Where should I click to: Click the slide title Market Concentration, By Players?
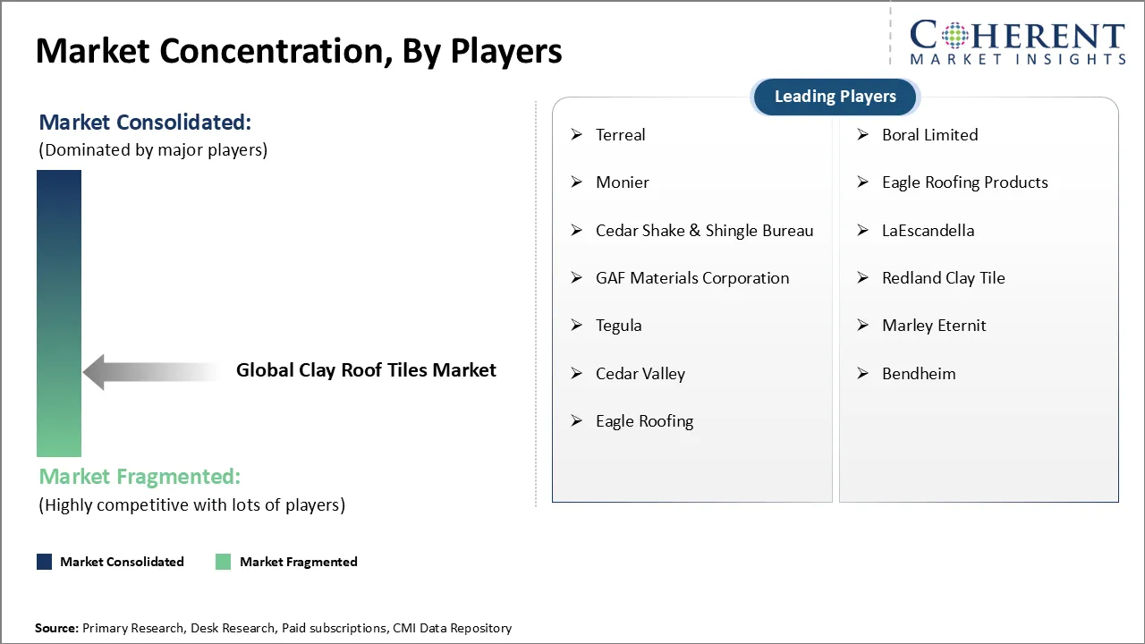tap(299, 51)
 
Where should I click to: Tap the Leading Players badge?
tap(835, 97)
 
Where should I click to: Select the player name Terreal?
tap(620, 135)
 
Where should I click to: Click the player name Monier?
tap(622, 182)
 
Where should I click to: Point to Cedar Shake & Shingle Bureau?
tap(704, 231)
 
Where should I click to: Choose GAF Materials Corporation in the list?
tap(691, 278)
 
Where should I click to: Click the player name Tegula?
tap(618, 326)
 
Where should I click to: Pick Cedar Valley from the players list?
tap(640, 374)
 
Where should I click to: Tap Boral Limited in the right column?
tap(929, 135)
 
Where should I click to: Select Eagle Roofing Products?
tap(964, 182)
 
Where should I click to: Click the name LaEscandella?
tap(928, 231)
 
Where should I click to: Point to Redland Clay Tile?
tap(943, 278)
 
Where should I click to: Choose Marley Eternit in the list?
tap(933, 326)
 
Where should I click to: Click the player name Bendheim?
tap(918, 374)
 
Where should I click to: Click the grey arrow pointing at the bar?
tap(148, 371)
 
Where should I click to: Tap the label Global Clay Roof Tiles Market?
tap(366, 370)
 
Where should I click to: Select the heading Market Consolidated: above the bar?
tap(145, 122)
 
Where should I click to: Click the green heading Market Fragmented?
tap(140, 477)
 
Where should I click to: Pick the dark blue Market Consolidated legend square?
tap(45, 562)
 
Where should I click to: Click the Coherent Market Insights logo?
tap(1017, 42)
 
